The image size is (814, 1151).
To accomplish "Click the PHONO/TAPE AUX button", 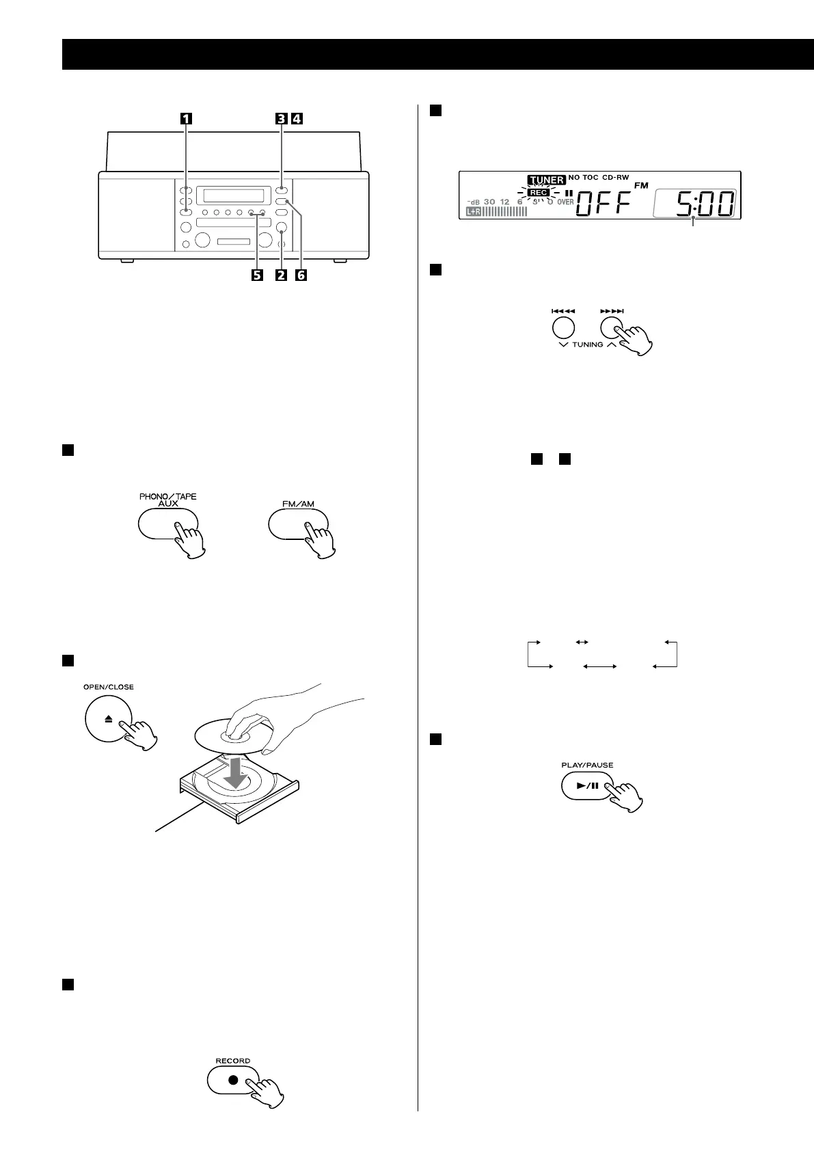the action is point(167,523).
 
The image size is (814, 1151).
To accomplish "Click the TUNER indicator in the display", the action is point(545,180).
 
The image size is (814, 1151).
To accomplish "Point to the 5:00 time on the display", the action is point(705,204).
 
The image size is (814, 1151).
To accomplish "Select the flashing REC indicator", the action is point(539,193).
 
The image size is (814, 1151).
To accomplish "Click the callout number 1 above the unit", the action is point(185,118).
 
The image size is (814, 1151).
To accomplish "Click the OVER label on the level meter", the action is point(565,202).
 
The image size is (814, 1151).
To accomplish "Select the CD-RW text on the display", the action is point(615,178).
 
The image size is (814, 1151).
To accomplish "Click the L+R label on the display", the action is point(473,212).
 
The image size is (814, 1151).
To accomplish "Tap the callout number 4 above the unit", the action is point(296,118).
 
